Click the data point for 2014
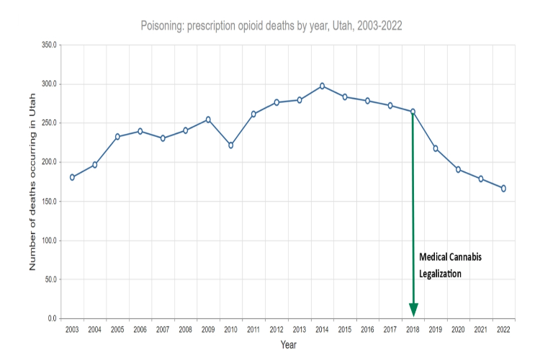pyautogui.click(x=322, y=86)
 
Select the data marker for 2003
pyautogui.click(x=72, y=177)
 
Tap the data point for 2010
pyautogui.click(x=231, y=145)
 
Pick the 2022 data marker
pyautogui.click(x=503, y=189)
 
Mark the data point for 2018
pyautogui.click(x=413, y=112)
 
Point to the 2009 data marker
pyautogui.click(x=208, y=120)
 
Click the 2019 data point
pyautogui.click(x=436, y=148)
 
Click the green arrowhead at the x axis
pyautogui.click(x=413, y=310)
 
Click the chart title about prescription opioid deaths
pyautogui.click(x=271, y=25)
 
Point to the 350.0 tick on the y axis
pyautogui.click(x=48, y=45)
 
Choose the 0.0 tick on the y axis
pyautogui.click(x=52, y=318)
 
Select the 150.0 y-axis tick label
pyautogui.click(x=48, y=201)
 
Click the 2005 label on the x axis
pyautogui.click(x=117, y=330)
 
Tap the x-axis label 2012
pyautogui.click(x=276, y=330)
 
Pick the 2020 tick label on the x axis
pyautogui.click(x=458, y=330)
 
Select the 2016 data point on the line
pyautogui.click(x=367, y=101)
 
